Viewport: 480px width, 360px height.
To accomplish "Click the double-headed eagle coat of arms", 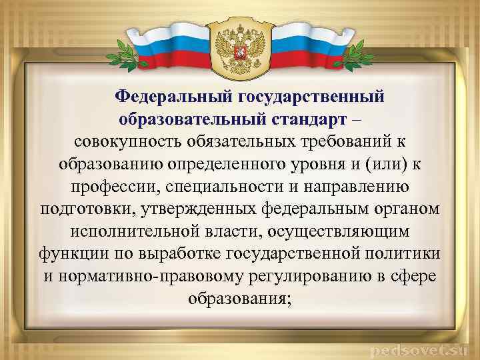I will click(x=240, y=46).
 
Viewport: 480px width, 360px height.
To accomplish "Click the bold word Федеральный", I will click(x=172, y=97).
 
